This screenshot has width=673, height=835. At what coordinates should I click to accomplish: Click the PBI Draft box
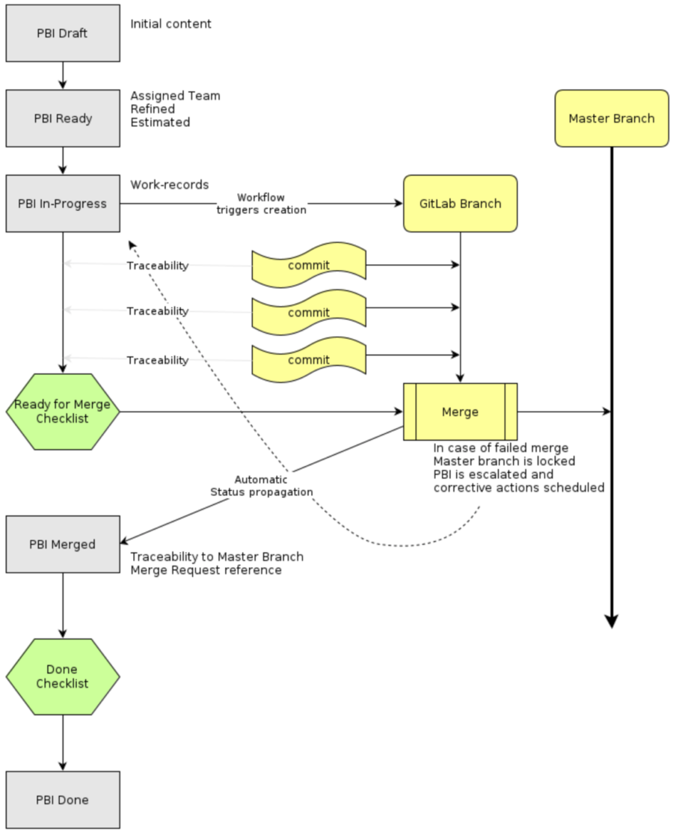tap(63, 34)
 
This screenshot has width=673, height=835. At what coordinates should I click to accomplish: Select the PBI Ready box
tap(63, 118)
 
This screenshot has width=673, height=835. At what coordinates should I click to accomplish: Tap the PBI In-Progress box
tap(63, 204)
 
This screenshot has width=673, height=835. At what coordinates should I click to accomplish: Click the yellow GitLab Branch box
tap(460, 204)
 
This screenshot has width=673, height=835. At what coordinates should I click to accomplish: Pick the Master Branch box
tap(611, 118)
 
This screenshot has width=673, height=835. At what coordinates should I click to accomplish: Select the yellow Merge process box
tap(460, 412)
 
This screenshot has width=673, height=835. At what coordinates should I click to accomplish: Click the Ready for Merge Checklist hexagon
tap(63, 412)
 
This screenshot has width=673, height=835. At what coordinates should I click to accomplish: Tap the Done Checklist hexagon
tap(63, 676)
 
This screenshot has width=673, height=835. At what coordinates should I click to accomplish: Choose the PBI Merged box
tap(63, 544)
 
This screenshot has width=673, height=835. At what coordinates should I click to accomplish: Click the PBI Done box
tap(63, 800)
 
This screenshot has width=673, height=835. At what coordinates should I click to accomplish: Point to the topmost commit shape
tap(308, 266)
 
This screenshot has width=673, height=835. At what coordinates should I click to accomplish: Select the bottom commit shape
tap(308, 360)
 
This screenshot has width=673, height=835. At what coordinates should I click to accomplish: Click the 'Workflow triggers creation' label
tap(261, 204)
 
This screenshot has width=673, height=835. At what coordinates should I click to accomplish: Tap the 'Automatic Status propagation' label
tap(261, 486)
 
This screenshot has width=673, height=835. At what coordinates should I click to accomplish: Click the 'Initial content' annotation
tap(170, 24)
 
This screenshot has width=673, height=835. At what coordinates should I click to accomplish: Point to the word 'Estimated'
tap(160, 122)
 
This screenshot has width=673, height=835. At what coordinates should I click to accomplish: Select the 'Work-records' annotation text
tap(169, 184)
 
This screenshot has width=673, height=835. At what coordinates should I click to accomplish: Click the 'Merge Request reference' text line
tap(206, 570)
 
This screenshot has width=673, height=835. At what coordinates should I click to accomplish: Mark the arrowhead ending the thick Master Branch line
tap(611, 621)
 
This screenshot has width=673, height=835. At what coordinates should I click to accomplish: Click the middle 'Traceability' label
tap(157, 311)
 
